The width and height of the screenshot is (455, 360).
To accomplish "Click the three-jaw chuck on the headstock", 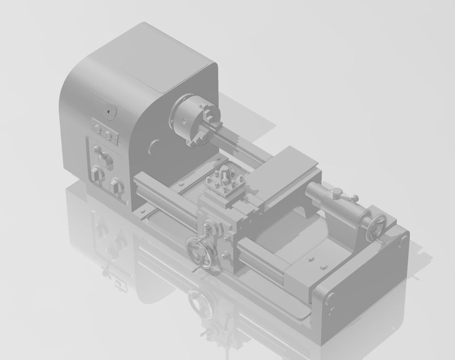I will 194,118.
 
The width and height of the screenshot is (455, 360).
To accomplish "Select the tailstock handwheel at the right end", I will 375,228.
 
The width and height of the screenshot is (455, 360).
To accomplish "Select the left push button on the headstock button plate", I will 98,129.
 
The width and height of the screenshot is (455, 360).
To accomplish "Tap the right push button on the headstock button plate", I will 108,136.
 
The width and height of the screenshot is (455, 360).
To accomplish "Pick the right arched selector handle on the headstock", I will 116,185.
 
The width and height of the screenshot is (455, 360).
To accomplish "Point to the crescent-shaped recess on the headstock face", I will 153,147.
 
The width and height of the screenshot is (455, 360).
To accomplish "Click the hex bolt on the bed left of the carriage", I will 181,185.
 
